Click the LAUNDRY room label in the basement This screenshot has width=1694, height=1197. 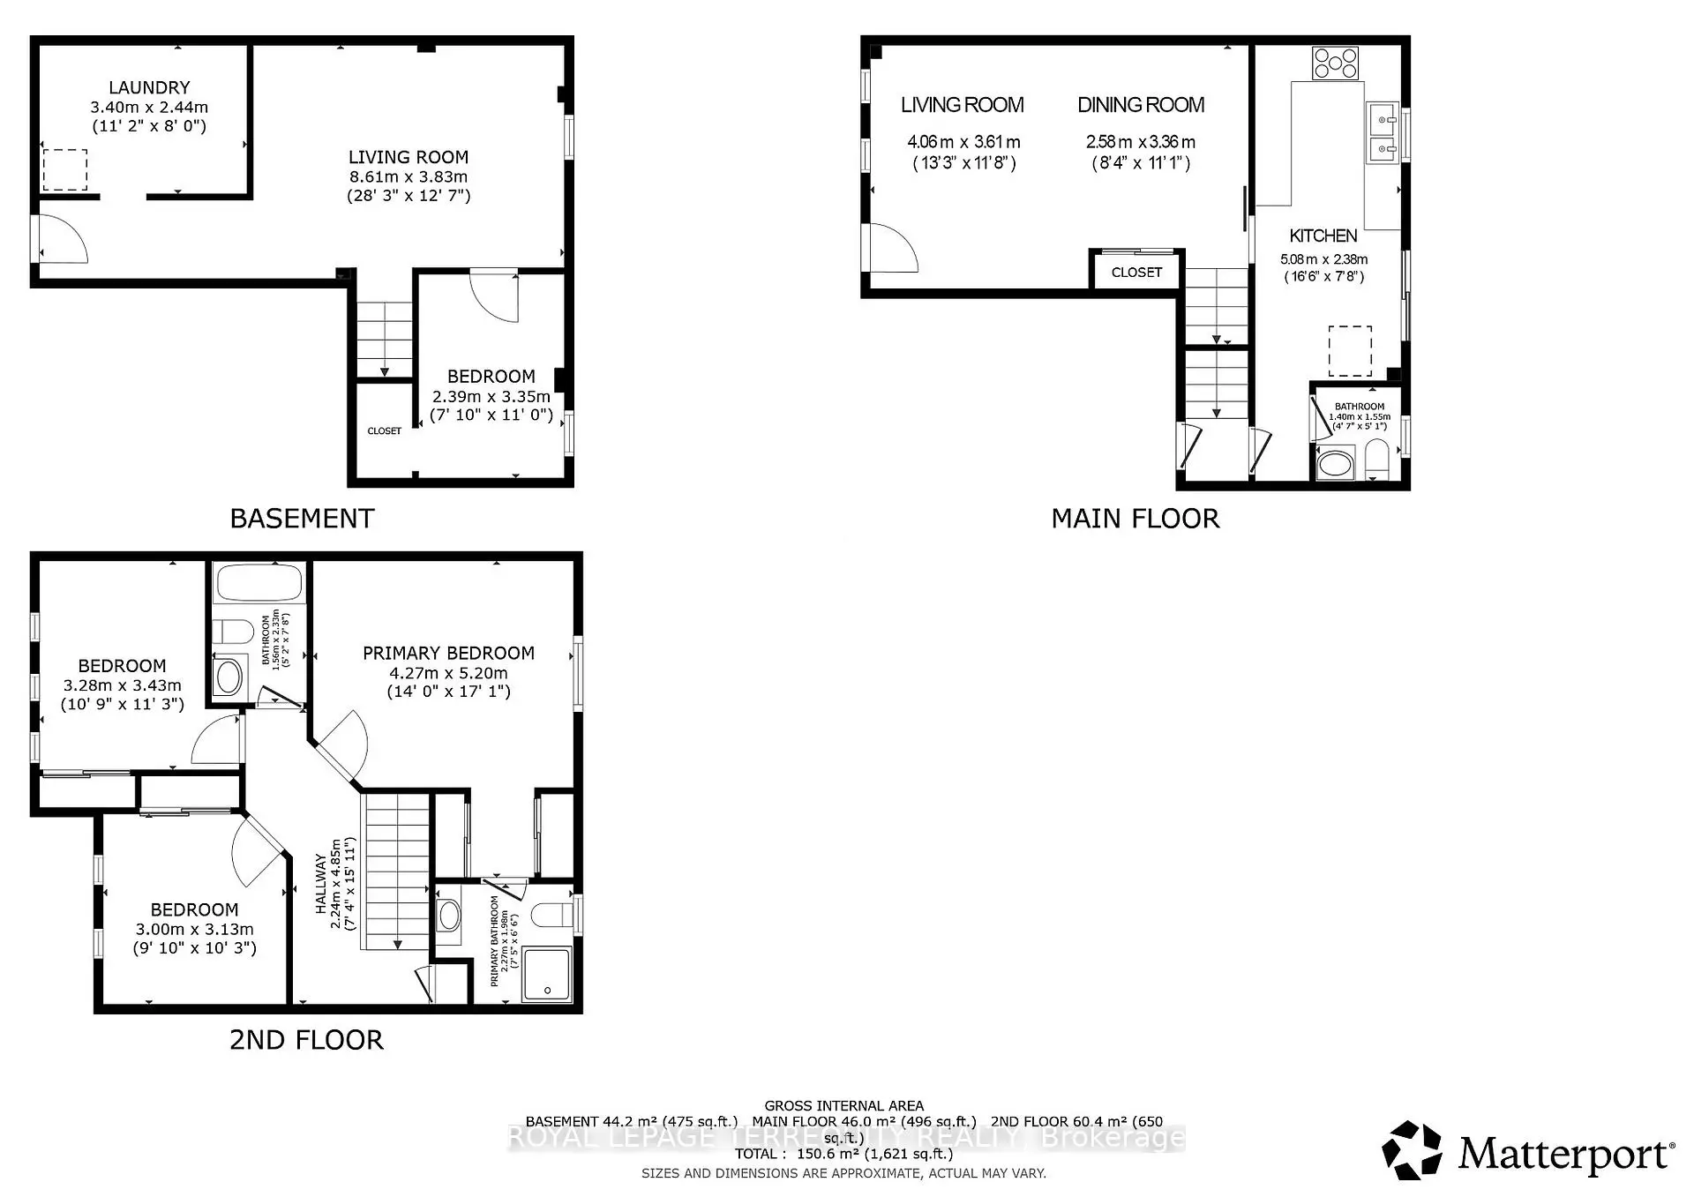pos(149,87)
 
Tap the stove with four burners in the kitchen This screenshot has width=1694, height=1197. pos(1335,64)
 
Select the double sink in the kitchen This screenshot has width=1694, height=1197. pos(1382,132)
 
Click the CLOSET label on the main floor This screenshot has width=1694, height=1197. pos(1136,273)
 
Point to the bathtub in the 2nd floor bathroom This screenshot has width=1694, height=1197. pos(259,584)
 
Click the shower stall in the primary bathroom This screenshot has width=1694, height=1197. pos(547,974)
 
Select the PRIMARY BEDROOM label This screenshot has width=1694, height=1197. pos(448,653)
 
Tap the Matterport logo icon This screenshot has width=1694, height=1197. pos(1412,1150)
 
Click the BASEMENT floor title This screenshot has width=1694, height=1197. pos(302,519)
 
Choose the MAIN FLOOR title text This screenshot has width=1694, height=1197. pos(1135,519)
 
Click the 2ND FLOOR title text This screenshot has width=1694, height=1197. pos(306,1040)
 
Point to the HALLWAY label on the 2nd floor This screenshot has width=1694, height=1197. pos(321,884)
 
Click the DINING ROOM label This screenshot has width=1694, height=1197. pos(1140,105)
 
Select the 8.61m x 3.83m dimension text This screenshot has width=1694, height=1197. pos(408,176)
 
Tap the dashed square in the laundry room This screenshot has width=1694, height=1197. pos(65,170)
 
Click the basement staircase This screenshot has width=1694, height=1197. pos(384,340)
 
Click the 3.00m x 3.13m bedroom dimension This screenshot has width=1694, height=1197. pos(194,929)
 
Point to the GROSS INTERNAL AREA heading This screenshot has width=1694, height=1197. pos(843,1105)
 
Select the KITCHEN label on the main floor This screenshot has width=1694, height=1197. pos(1323,236)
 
